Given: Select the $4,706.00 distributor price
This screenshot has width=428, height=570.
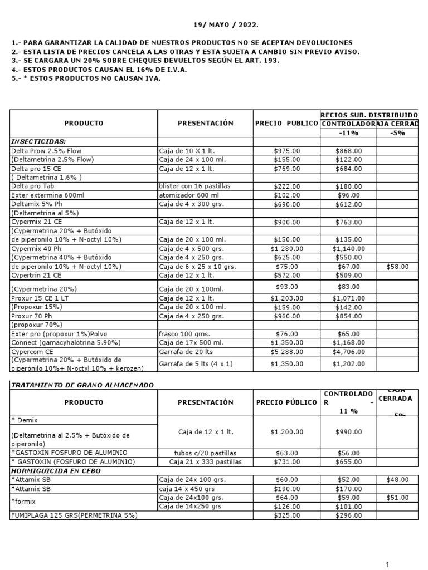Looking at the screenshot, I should pos(349,352).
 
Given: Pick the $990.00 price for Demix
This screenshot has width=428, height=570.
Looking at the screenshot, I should pos(349,431).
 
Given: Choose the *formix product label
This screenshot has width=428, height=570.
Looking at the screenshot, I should pos(23,502).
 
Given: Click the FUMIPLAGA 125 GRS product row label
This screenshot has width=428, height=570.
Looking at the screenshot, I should pos(74,515).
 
